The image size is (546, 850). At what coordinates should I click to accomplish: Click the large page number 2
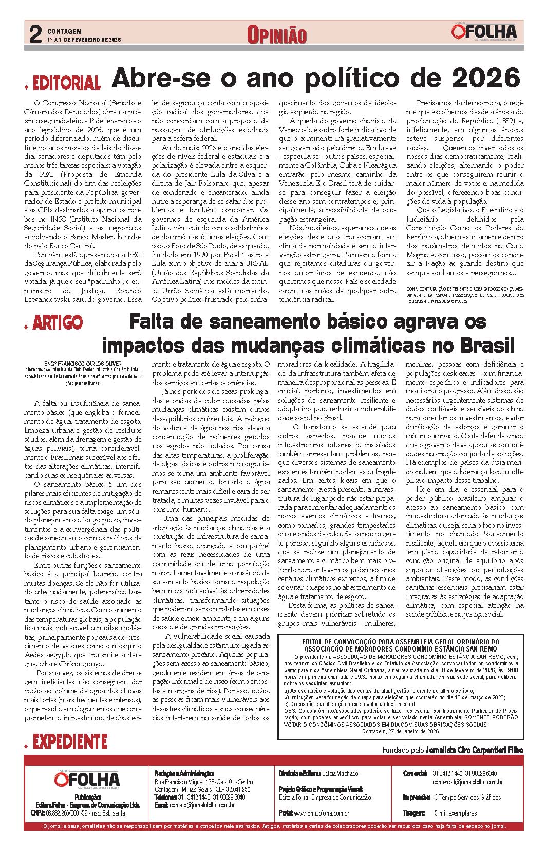click(35, 35)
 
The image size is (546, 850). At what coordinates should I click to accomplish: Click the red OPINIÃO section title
click(276, 35)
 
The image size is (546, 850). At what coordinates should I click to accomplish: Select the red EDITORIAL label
click(66, 83)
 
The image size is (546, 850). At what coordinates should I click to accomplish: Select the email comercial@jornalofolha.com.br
click(467, 782)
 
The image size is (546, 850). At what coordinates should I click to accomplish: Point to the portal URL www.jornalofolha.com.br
click(322, 813)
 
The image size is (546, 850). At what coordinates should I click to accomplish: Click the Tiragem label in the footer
click(414, 813)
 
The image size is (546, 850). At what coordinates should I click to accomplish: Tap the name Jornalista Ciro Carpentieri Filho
click(474, 750)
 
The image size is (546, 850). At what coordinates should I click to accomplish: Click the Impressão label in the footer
click(417, 797)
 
